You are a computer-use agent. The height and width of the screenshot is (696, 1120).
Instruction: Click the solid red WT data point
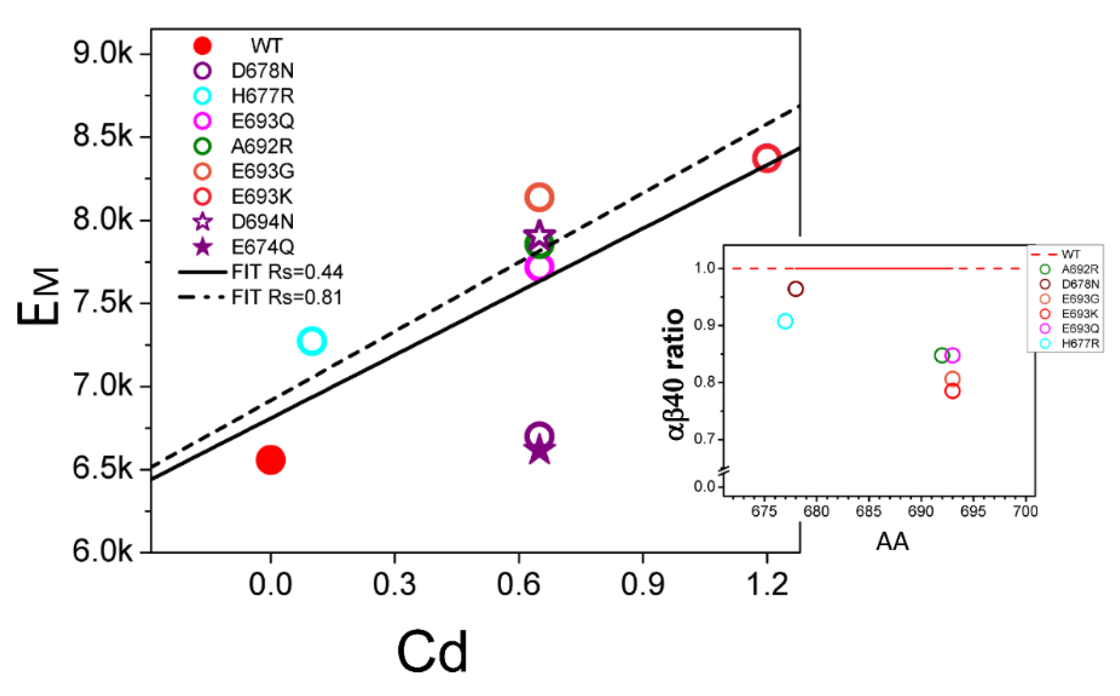(x=270, y=460)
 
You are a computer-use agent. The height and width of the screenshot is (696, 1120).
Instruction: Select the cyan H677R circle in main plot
(x=312, y=341)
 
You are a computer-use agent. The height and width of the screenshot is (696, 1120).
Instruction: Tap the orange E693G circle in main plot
(x=539, y=197)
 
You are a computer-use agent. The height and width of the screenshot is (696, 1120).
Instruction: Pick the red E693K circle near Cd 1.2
(x=767, y=158)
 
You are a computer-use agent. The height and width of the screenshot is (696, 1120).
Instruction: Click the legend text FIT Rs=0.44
(x=287, y=272)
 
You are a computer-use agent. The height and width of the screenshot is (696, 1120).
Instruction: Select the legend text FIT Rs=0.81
(x=287, y=297)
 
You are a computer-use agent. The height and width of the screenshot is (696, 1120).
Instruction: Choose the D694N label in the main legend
(x=262, y=222)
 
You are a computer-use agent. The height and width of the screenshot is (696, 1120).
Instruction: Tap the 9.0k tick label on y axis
(x=103, y=54)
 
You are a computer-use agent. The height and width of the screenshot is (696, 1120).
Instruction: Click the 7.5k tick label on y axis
(x=103, y=303)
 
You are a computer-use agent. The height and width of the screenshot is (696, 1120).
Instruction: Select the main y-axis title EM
(x=39, y=296)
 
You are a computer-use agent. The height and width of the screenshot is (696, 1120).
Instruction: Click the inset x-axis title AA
(x=892, y=541)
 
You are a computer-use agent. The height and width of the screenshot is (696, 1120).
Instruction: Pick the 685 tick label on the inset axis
(x=868, y=511)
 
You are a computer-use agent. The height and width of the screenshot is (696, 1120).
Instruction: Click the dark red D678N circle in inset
(x=796, y=289)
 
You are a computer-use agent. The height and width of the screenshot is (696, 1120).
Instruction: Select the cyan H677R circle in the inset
(x=785, y=321)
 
